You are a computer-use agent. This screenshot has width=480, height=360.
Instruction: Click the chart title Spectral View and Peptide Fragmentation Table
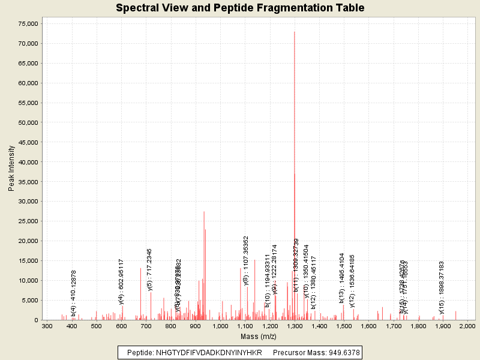coord(240,8)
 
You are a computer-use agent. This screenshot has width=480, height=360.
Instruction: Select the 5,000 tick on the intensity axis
coord(31,300)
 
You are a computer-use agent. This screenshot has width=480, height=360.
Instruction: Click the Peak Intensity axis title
coord(11,171)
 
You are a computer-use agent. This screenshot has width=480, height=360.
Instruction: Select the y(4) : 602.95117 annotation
coord(121,281)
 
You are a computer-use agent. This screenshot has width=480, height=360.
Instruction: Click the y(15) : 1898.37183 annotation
coord(442,287)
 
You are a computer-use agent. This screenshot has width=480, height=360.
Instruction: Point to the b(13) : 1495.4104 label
coord(342,277)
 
